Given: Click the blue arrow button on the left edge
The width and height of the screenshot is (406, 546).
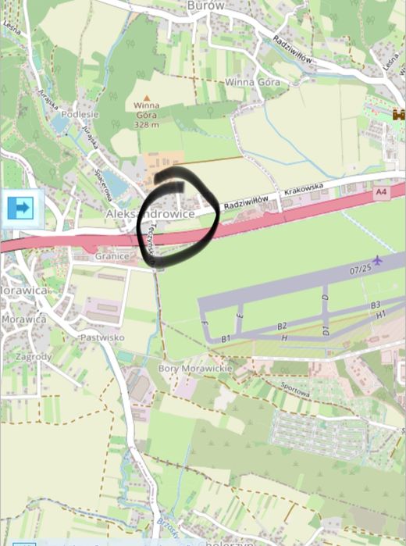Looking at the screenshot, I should (21, 208).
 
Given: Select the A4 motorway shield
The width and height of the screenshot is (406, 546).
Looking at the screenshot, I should (381, 191).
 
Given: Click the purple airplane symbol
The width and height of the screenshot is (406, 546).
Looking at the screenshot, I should (378, 260).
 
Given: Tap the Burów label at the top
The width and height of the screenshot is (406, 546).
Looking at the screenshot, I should (206, 5).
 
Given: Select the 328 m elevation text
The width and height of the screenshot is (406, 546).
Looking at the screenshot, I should (146, 124).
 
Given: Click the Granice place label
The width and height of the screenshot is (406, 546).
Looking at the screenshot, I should (112, 255).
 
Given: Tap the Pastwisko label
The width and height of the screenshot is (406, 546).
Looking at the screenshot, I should (102, 337).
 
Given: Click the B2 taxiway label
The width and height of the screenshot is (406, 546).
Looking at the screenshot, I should (283, 325).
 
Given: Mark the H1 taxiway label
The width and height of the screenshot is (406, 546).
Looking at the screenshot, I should (382, 314).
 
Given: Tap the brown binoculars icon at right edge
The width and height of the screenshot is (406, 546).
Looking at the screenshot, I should (399, 115).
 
